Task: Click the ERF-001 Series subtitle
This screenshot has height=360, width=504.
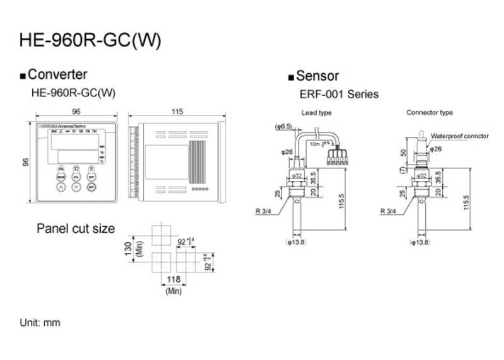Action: click(338, 94)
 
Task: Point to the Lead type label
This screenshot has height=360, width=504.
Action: click(316, 113)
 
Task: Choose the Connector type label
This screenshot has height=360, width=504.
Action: click(430, 113)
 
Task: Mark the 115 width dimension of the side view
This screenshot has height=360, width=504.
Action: click(176, 112)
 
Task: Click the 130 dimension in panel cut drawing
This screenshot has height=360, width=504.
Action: click(129, 248)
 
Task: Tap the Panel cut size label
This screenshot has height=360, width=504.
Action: click(76, 228)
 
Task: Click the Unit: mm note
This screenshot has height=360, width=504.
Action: click(40, 322)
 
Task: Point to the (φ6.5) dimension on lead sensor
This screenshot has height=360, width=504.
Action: click(285, 127)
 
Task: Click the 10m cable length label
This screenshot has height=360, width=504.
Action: click(315, 144)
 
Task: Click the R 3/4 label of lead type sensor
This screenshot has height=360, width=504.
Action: click(265, 212)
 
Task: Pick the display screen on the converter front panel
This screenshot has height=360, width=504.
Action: click(72, 147)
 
